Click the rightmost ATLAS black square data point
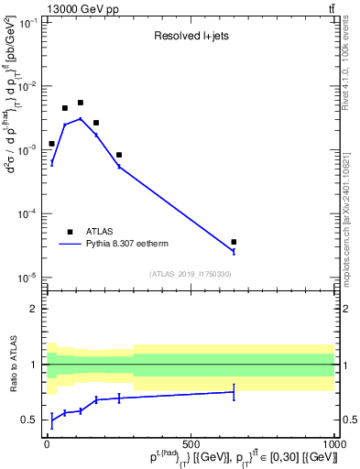click(234, 242)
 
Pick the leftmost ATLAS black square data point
click(52, 144)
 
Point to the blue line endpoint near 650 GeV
click(234, 251)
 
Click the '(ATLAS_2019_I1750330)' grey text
click(191, 274)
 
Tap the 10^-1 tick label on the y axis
click(28, 22)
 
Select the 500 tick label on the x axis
click(191, 443)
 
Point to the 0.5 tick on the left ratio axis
click(33, 420)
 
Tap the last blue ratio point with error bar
click(234, 392)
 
